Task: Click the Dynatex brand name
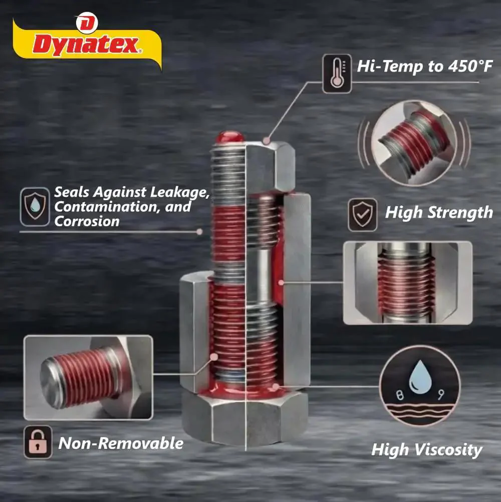[86, 44]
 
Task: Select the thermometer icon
[337, 74]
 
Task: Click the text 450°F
[470, 66]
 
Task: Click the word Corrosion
[87, 221]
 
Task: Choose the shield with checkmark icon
[363, 215]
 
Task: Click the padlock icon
[38, 442]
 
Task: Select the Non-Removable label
[121, 443]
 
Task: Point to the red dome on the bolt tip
[229, 137]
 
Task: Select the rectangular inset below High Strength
[407, 283]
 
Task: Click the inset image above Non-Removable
[89, 377]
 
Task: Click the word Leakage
[180, 192]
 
